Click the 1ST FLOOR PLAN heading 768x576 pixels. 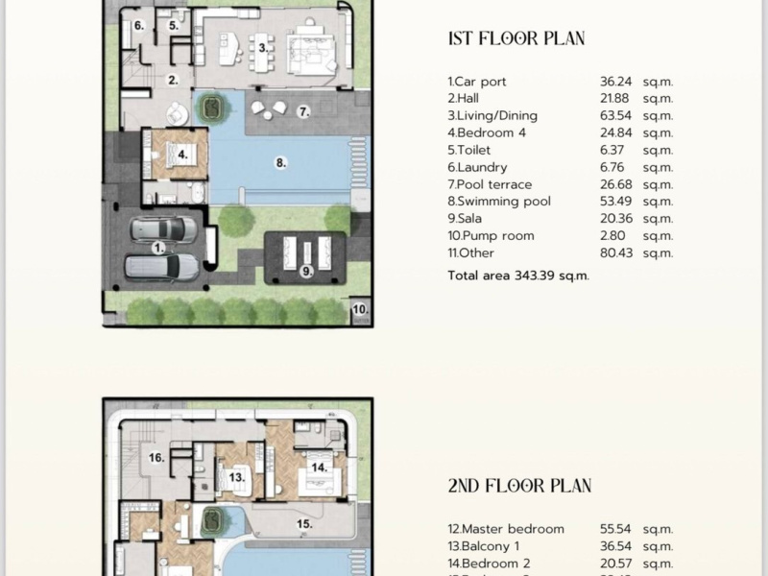click(516, 38)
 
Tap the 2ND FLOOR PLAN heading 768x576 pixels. click(519, 486)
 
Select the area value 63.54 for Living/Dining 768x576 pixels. click(615, 115)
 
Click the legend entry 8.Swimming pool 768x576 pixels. click(499, 202)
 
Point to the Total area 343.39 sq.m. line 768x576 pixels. click(518, 276)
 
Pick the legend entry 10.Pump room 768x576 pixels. click(491, 235)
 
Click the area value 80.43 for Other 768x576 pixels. click(616, 252)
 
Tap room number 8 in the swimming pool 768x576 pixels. click(280, 162)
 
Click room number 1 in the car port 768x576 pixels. click(158, 249)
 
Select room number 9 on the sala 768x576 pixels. click(306, 271)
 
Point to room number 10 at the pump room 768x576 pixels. click(360, 309)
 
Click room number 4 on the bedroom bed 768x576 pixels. click(182, 155)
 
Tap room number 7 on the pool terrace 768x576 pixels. click(303, 111)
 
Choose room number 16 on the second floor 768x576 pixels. click(156, 458)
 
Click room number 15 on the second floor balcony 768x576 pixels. click(304, 524)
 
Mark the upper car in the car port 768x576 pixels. click(163, 229)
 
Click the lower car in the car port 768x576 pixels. click(161, 268)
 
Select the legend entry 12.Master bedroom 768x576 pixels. click(506, 529)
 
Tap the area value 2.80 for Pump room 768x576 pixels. click(612, 235)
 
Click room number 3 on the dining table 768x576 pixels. click(263, 48)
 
